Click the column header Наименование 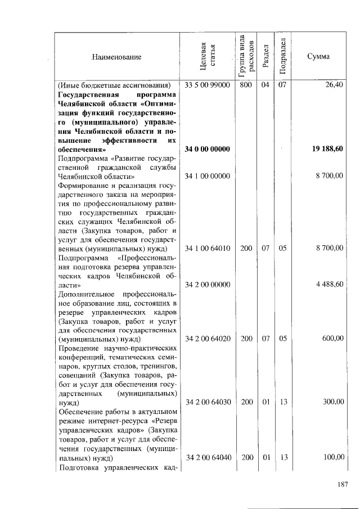(117, 57)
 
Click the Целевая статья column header (208, 57)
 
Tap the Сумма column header (318, 57)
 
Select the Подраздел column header (284, 57)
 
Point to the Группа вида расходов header (246, 57)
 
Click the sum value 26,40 (334, 85)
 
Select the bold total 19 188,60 (327, 149)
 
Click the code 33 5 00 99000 (208, 85)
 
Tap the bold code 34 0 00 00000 (208, 149)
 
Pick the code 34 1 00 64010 (208, 247)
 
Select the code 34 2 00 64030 (208, 402)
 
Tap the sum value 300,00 (333, 402)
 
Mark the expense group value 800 (246, 85)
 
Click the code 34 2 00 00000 (208, 285)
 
